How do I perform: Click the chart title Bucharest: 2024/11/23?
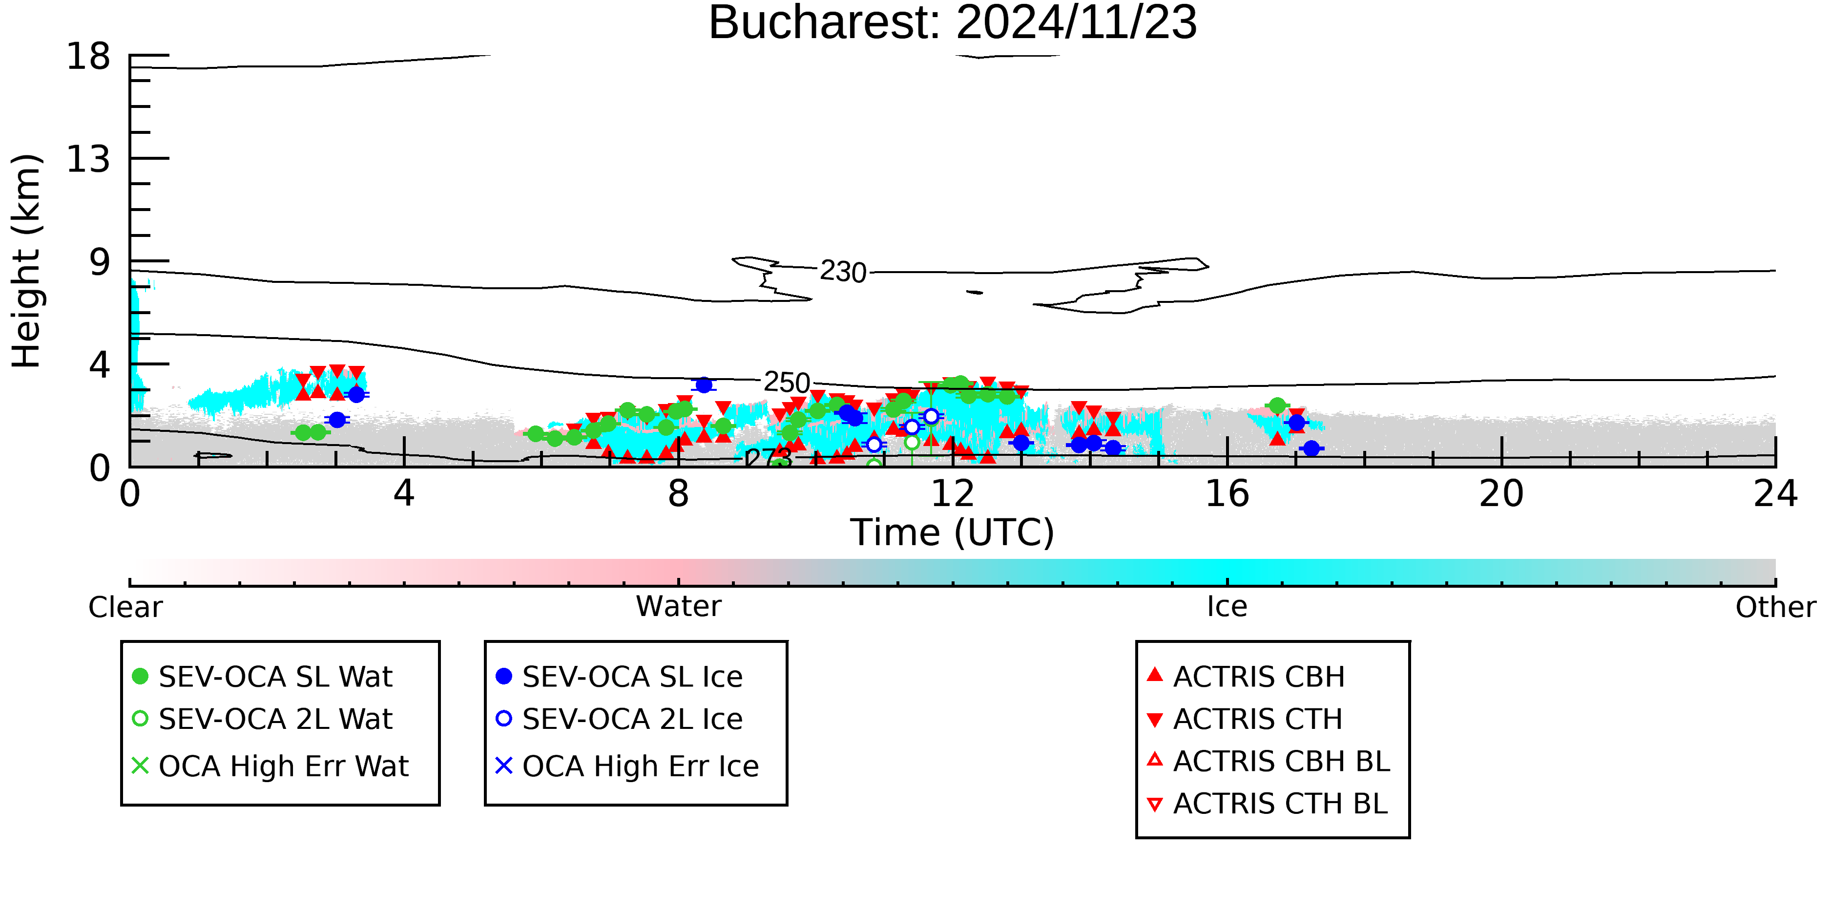point(953,23)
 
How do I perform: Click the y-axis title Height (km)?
point(27,261)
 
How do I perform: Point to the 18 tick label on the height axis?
point(88,56)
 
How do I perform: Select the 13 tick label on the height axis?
point(88,159)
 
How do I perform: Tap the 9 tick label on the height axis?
point(100,262)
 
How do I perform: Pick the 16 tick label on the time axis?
point(1227,493)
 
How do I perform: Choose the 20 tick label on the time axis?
point(1501,493)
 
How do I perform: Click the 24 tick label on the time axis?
point(1775,493)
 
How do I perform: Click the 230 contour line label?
point(843,272)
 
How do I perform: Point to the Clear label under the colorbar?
point(125,607)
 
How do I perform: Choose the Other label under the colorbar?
point(1775,607)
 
